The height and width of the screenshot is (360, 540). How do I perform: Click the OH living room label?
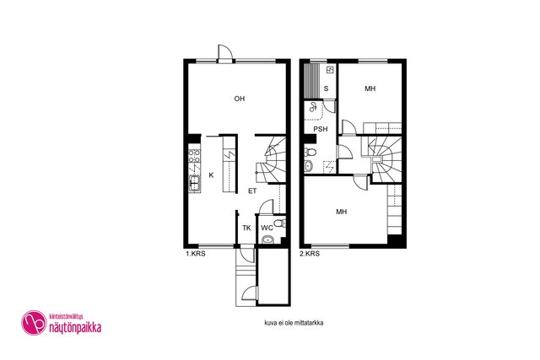click(x=240, y=99)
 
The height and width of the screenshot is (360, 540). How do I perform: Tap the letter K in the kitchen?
click(x=211, y=175)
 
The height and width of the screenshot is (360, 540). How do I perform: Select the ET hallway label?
click(x=252, y=191)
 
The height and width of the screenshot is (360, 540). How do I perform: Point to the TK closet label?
click(x=246, y=228)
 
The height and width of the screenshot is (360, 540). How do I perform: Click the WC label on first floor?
click(x=267, y=228)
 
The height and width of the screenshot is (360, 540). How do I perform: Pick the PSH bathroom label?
click(x=321, y=129)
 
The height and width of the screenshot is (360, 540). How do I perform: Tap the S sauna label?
click(x=326, y=89)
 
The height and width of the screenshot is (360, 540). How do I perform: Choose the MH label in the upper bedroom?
click(x=370, y=89)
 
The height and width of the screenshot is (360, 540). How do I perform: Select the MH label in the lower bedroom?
click(x=342, y=212)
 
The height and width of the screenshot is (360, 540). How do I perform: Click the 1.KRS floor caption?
click(x=196, y=254)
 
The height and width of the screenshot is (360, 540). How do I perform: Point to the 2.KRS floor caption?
click(x=310, y=254)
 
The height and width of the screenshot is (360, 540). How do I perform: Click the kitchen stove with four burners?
click(x=194, y=156)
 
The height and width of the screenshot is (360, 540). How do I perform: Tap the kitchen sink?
click(x=195, y=183)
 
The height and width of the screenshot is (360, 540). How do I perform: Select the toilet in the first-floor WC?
click(x=279, y=223)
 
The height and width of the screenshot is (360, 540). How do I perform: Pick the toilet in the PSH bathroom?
click(x=310, y=152)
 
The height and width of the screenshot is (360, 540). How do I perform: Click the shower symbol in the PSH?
click(x=313, y=107)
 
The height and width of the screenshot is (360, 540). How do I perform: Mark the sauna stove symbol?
click(x=330, y=70)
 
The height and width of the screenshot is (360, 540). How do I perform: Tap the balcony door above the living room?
click(x=225, y=52)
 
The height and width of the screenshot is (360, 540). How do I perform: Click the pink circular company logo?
click(x=34, y=323)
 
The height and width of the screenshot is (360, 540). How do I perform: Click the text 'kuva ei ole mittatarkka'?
click(x=294, y=323)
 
